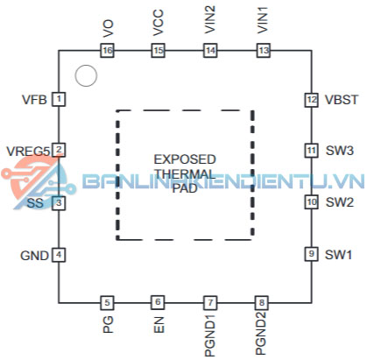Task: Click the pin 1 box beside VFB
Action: [59, 99]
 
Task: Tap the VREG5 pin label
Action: [28, 152]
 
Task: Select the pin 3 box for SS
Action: [59, 202]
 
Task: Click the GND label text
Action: [34, 256]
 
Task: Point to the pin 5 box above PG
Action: [107, 302]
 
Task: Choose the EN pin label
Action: [159, 325]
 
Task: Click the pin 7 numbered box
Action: [210, 302]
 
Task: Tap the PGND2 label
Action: [261, 333]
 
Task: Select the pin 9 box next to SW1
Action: [311, 254]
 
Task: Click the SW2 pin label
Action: [340, 202]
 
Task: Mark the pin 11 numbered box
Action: [311, 151]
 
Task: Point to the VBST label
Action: [342, 100]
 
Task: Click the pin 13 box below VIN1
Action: [263, 51]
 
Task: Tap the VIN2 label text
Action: [210, 19]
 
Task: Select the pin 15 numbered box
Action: [158, 51]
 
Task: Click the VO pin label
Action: [108, 28]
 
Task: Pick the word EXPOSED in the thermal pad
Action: [185, 159]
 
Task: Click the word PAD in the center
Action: [185, 188]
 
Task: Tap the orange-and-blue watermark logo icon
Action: [37, 182]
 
